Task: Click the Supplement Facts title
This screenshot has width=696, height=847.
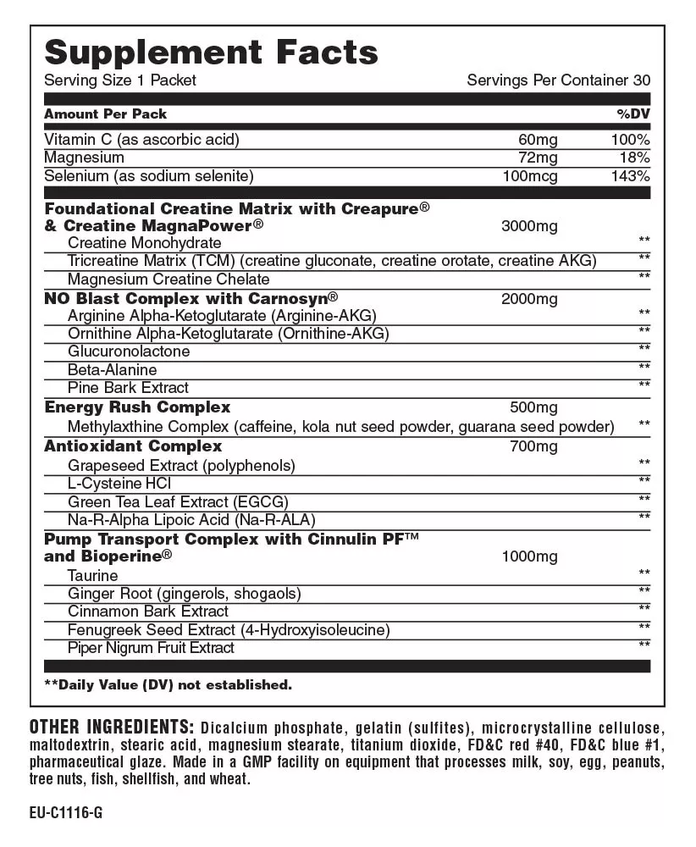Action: [211, 53]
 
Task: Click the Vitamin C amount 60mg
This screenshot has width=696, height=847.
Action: [538, 139]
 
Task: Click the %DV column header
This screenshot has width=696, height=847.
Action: [633, 114]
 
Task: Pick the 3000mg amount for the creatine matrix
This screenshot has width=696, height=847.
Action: [529, 226]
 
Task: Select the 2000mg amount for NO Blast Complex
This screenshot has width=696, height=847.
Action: [529, 299]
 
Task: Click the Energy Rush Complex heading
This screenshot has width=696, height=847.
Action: [137, 407]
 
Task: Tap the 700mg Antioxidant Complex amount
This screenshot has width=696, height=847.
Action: [534, 446]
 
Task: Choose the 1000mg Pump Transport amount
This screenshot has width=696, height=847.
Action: [529, 556]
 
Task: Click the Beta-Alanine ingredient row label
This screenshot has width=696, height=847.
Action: [112, 370]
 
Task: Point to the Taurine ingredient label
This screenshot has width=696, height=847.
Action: [92, 576]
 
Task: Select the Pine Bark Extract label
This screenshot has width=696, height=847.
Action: [128, 388]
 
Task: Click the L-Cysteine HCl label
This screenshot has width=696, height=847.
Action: [119, 483]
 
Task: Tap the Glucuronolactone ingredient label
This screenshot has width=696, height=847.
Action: [129, 352]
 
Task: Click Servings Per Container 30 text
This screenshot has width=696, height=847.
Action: [559, 80]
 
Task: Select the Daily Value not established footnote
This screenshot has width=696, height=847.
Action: [168, 684]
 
